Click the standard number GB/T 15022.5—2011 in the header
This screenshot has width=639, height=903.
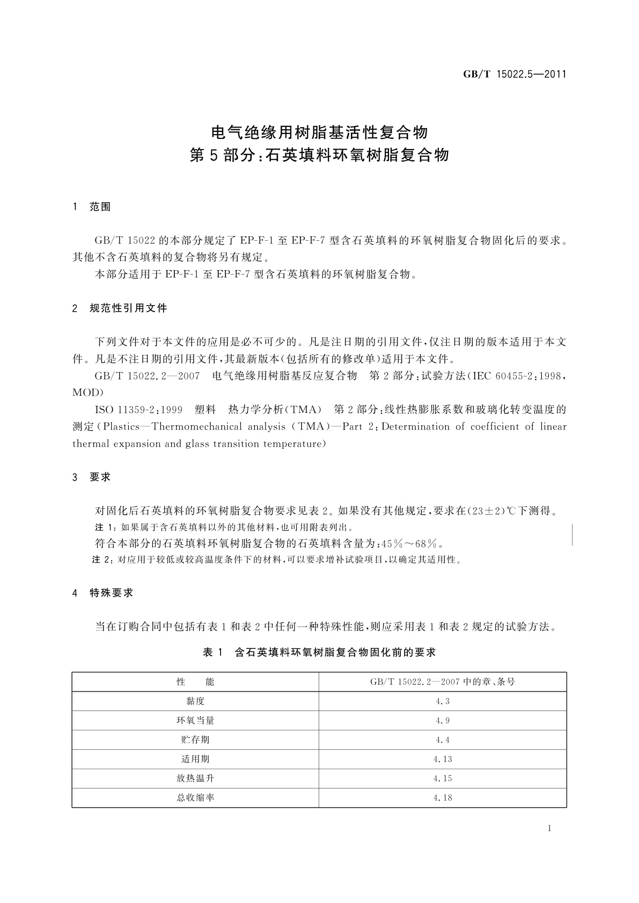pyautogui.click(x=515, y=75)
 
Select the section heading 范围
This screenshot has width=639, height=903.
pyautogui.click(x=100, y=207)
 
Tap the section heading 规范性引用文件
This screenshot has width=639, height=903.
pyautogui.click(x=128, y=308)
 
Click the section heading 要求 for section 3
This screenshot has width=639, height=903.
pyautogui.click(x=100, y=477)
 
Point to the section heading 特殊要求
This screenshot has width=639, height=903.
pyautogui.click(x=111, y=593)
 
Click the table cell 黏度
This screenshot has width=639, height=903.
pyautogui.click(x=195, y=701)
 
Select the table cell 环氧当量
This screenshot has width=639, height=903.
pyautogui.click(x=195, y=720)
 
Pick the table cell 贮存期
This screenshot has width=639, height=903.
pyautogui.click(x=195, y=739)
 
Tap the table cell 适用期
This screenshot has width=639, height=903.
pyautogui.click(x=195, y=759)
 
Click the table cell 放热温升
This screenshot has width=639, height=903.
pyautogui.click(x=195, y=778)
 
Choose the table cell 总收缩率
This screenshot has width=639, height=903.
pyautogui.click(x=195, y=797)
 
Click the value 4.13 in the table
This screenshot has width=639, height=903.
pyautogui.click(x=443, y=759)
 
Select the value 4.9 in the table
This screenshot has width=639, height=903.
pyautogui.click(x=443, y=720)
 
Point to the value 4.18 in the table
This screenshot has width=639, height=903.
pyautogui.click(x=443, y=797)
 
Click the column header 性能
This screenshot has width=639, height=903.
pyautogui.click(x=195, y=682)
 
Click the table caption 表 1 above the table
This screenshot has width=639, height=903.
pyautogui.click(x=212, y=653)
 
